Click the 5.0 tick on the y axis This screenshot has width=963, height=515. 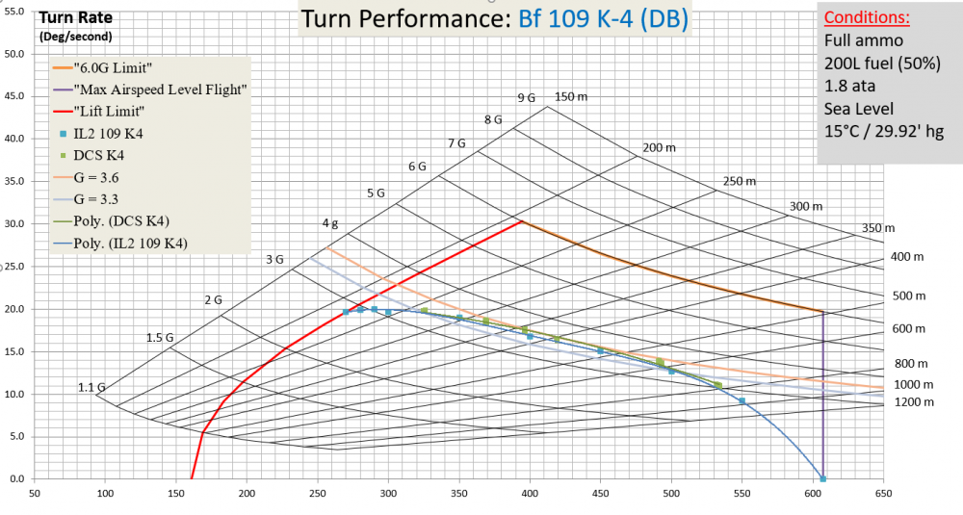click(14, 436)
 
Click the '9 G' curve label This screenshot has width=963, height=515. click(526, 98)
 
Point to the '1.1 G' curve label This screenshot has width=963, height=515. click(91, 387)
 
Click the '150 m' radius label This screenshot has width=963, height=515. click(570, 96)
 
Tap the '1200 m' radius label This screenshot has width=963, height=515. click(914, 401)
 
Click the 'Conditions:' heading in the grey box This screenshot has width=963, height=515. click(867, 17)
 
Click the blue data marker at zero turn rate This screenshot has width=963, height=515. click(822, 478)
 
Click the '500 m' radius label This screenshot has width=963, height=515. click(908, 296)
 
